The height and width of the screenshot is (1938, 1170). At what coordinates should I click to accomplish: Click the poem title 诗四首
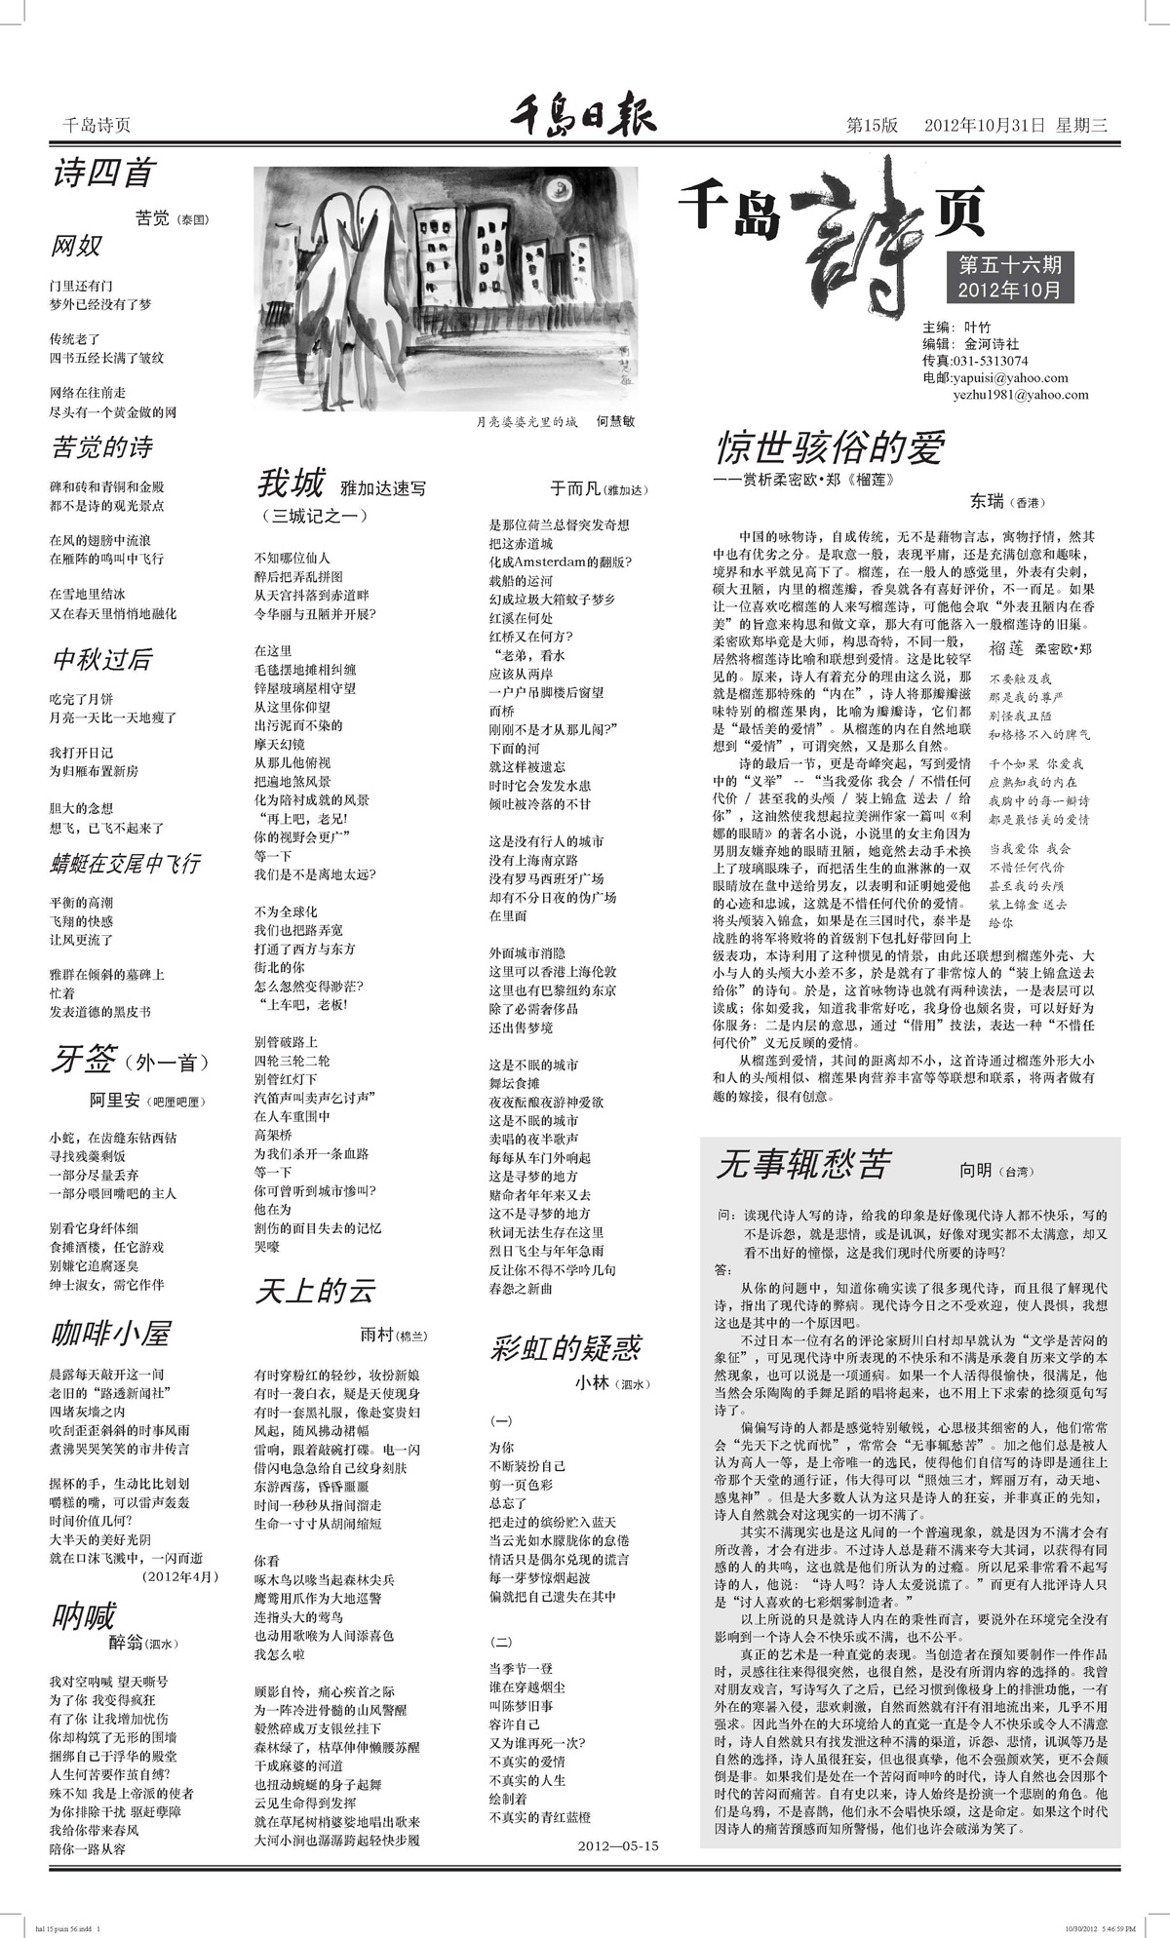[x=102, y=174]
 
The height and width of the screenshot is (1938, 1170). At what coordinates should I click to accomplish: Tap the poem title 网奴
[x=76, y=246]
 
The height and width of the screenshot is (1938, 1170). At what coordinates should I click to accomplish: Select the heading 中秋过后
[x=102, y=660]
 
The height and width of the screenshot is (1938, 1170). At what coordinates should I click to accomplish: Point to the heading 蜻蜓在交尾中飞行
[x=125, y=863]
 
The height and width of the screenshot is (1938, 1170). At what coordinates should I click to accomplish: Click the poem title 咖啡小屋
[x=110, y=1334]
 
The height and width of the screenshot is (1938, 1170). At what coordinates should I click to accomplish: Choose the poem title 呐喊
[x=84, y=1615]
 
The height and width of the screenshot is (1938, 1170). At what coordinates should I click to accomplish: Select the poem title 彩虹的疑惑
[x=565, y=1348]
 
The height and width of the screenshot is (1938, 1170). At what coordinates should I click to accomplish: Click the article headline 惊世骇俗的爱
[x=830, y=447]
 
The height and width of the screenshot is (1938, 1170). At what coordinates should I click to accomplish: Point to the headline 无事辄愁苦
[x=802, y=1164]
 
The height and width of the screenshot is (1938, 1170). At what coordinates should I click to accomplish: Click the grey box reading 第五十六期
[x=1009, y=264]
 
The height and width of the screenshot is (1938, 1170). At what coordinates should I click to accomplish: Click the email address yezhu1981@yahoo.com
[x=1020, y=395]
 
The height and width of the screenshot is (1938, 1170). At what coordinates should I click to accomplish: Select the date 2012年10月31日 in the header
[x=984, y=125]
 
